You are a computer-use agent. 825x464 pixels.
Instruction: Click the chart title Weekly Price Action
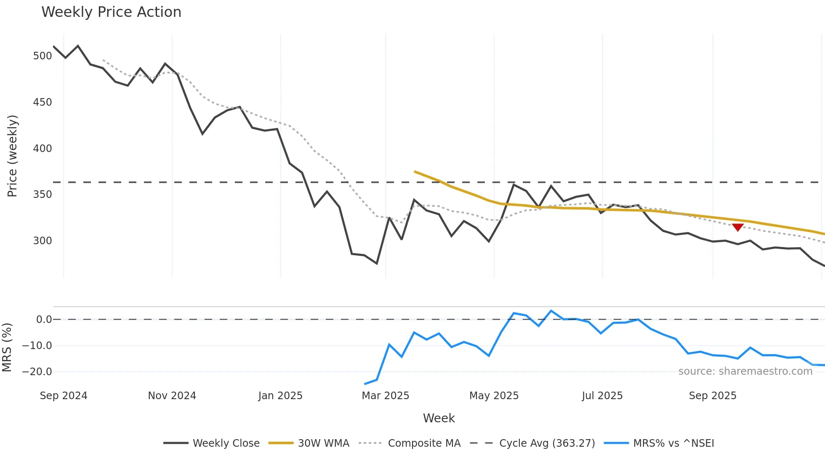pyautogui.click(x=111, y=12)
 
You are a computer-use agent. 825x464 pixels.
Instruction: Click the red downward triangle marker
pyautogui.click(x=737, y=227)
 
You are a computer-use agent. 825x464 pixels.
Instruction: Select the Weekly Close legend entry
pyautogui.click(x=212, y=443)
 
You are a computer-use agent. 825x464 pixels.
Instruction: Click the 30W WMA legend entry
pyautogui.click(x=309, y=443)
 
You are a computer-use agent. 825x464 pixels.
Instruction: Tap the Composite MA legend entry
pyautogui.click(x=410, y=443)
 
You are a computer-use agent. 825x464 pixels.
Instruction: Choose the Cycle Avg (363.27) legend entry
pyautogui.click(x=532, y=443)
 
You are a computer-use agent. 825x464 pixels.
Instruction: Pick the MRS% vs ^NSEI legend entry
pyautogui.click(x=659, y=443)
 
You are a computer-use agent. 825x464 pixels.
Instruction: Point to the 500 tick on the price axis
pyautogui.click(x=42, y=56)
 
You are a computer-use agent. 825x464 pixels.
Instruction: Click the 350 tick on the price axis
pyautogui.click(x=42, y=195)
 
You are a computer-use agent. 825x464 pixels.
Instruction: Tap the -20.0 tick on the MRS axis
pyautogui.click(x=37, y=372)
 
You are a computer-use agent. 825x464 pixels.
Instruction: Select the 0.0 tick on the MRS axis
pyautogui.click(x=44, y=320)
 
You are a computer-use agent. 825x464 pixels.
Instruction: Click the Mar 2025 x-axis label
pyautogui.click(x=385, y=396)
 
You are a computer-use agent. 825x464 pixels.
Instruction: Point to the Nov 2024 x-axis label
pyautogui.click(x=172, y=396)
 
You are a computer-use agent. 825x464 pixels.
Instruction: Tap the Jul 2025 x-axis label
pyautogui.click(x=602, y=396)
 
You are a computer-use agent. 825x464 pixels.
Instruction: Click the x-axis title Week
pyautogui.click(x=439, y=418)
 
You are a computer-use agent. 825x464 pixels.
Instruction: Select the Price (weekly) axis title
pyautogui.click(x=12, y=156)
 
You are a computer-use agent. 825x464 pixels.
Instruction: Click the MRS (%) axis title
pyautogui.click(x=7, y=347)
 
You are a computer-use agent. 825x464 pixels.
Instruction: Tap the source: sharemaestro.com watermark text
pyautogui.click(x=745, y=371)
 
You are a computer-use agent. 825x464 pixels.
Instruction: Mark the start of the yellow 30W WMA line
pyautogui.click(x=415, y=171)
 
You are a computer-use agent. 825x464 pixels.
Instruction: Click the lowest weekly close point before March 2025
pyautogui.click(x=377, y=264)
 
